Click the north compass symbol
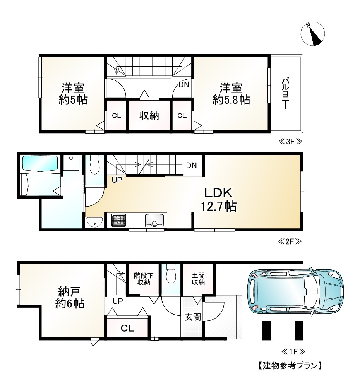[x=312, y=34]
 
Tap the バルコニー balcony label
[x=286, y=93]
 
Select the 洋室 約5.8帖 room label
[x=231, y=94]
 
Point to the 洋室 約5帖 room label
[x=73, y=94]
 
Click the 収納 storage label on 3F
[x=149, y=115]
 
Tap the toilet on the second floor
[x=94, y=164]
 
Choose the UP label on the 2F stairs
[x=117, y=180]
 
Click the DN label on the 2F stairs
[x=191, y=165]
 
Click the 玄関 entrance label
[x=193, y=317]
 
